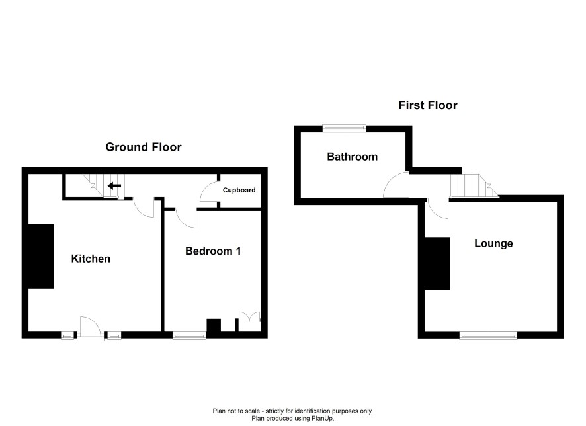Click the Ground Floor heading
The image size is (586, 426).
143,147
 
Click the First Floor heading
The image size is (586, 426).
428,105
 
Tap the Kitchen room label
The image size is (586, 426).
91,259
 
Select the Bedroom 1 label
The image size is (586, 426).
213,251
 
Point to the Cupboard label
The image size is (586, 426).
239,190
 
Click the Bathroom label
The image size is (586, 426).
352,157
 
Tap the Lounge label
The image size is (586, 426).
493,243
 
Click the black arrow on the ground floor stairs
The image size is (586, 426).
114,186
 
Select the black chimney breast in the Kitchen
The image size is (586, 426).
41,257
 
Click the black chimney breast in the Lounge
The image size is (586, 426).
437,264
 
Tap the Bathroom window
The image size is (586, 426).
345,128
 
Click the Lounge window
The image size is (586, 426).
489,335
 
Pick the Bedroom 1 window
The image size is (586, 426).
189,335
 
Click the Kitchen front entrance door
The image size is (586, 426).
91,329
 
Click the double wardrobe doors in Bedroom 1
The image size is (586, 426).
249,321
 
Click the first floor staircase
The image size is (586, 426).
474,186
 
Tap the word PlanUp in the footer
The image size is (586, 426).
322,419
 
